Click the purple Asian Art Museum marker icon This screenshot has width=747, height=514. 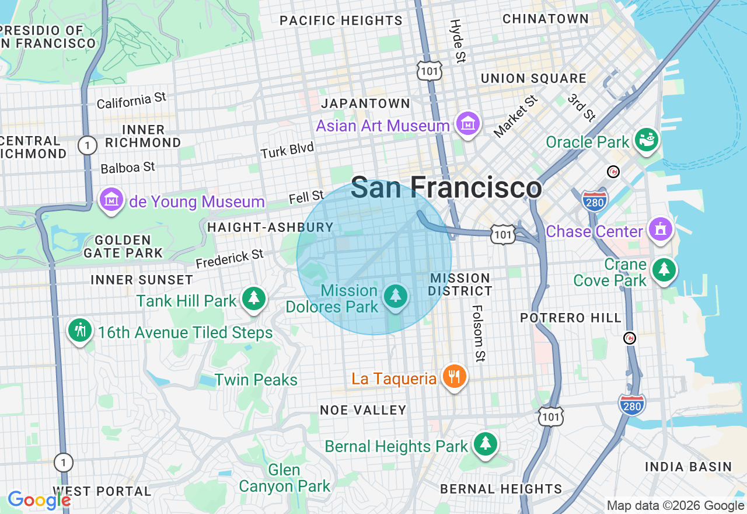pos(468,124)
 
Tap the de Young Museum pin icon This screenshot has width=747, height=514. pos(111,200)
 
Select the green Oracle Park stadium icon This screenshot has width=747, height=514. pos(647,140)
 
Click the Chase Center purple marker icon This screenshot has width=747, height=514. pos(661,230)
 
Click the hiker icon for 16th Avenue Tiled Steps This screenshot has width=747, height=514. pos(80,331)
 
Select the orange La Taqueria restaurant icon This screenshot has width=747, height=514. pos(454,377)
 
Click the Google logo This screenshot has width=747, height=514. pos(39,500)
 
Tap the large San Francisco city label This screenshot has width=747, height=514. pos(446,188)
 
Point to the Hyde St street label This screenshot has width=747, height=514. pos(457,41)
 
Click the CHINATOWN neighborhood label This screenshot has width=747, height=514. pos(546,19)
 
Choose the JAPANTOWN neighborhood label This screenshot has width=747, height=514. pos(366,103)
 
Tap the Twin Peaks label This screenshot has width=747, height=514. pos(256,380)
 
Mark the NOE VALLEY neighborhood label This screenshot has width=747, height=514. pos(363,410)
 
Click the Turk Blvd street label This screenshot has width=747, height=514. pos(287,151)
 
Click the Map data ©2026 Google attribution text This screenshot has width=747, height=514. pos(675,506)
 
